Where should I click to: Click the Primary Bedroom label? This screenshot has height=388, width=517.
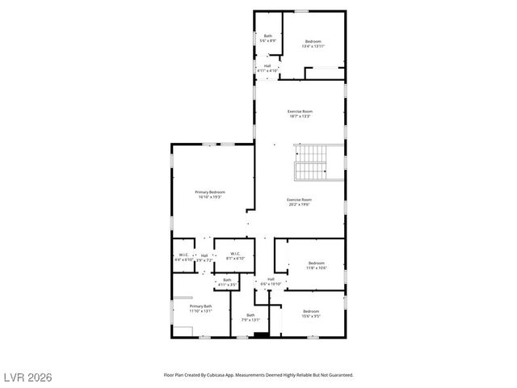(x=209, y=194)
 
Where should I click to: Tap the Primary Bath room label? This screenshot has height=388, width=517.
(x=200, y=308)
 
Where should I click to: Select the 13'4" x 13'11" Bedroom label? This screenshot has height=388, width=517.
(x=313, y=44)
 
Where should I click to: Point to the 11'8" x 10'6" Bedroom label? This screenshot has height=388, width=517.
(x=317, y=265)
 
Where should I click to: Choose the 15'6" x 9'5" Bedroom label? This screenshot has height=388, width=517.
(x=311, y=314)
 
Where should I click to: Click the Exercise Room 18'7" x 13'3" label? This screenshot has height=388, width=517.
(x=301, y=113)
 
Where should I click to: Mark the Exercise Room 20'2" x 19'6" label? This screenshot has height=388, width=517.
(x=299, y=201)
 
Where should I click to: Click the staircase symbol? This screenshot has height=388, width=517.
(x=310, y=162)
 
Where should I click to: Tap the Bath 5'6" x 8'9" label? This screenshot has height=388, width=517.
(x=268, y=38)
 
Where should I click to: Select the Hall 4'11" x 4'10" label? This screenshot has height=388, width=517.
(x=267, y=69)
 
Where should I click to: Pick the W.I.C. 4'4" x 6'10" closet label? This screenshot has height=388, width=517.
(x=183, y=257)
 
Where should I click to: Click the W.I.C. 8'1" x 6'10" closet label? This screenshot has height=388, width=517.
(x=234, y=256)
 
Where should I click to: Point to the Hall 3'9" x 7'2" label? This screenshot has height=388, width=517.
(x=204, y=257)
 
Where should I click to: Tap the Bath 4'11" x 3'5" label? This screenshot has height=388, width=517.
(x=227, y=282)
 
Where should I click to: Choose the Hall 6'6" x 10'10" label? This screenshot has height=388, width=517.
(x=271, y=281)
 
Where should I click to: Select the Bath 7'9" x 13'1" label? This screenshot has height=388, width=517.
(x=250, y=318)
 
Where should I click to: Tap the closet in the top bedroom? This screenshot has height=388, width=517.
(x=325, y=74)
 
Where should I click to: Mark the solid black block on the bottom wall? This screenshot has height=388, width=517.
(x=259, y=335)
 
